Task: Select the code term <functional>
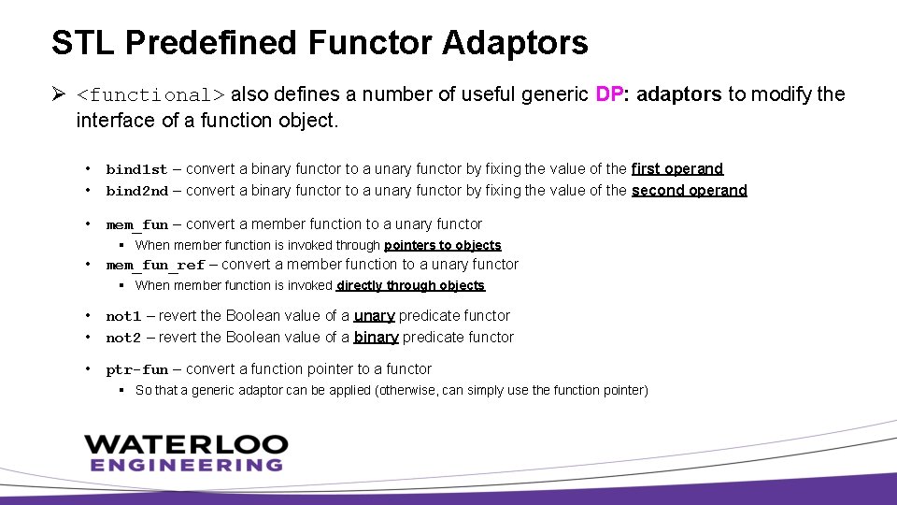pos(150,94)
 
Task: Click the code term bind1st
pos(136,169)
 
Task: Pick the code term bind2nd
pos(136,191)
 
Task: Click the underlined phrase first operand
pos(677,169)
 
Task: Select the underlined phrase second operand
pos(690,191)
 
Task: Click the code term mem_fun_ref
pos(155,265)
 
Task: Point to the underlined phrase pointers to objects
pos(443,245)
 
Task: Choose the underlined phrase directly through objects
pos(410,285)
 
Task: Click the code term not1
pos(123,316)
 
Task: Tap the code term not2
pos(123,338)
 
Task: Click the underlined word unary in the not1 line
pos(374,316)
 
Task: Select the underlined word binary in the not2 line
pos(377,338)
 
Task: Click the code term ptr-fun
pos(137,369)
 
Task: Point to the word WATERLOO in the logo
pos(186,444)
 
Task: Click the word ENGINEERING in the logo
pos(186,465)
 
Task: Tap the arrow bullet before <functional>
pos(59,94)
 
